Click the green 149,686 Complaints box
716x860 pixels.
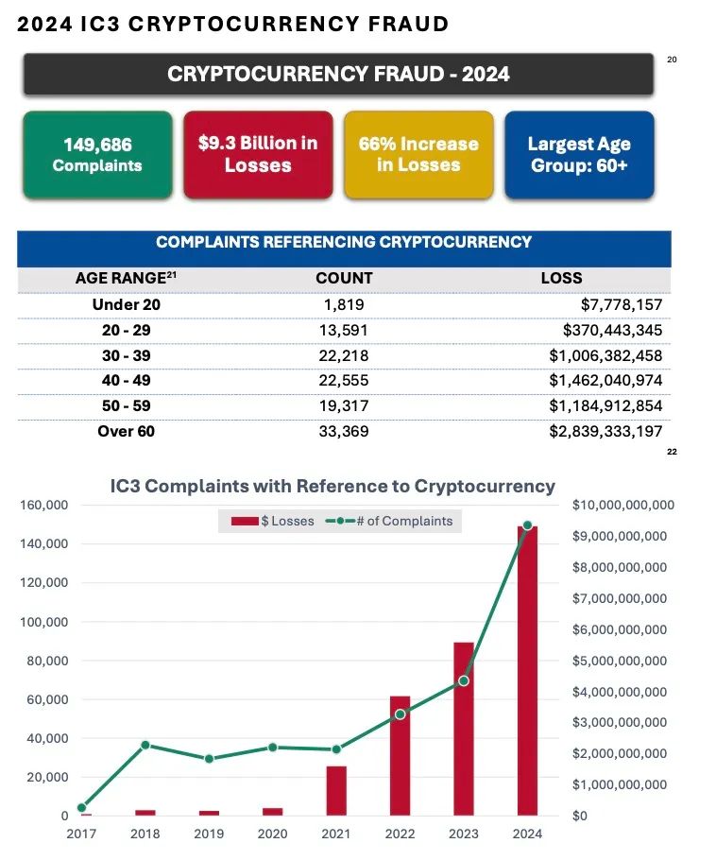tap(97, 155)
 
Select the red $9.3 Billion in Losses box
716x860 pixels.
tap(258, 155)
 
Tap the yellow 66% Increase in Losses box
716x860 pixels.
tap(418, 155)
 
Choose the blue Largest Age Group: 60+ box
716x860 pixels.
tap(579, 155)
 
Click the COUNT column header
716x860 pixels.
tap(344, 279)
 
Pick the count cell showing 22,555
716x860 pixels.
tap(344, 381)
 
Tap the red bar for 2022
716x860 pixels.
tap(400, 756)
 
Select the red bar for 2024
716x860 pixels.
tap(527, 671)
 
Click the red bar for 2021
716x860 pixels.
tap(336, 791)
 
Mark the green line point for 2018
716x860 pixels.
tap(145, 745)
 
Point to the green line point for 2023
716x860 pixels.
tap(464, 680)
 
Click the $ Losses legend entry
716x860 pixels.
tap(273, 521)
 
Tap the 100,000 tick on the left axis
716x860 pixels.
tap(44, 622)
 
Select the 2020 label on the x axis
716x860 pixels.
tap(272, 834)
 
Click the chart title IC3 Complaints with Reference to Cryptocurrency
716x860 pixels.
tap(332, 487)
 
